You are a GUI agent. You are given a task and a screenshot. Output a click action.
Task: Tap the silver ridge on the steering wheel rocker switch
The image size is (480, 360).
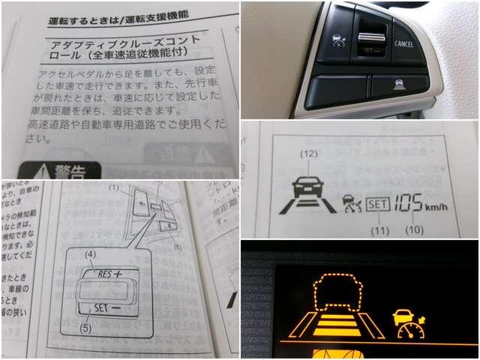(x=369, y=35)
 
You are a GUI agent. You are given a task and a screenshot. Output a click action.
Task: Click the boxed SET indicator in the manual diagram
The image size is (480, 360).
(x=379, y=202)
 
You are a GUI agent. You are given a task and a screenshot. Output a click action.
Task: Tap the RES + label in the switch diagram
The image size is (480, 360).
(x=109, y=274)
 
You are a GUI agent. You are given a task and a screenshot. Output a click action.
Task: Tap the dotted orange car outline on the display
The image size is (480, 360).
(x=334, y=293)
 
